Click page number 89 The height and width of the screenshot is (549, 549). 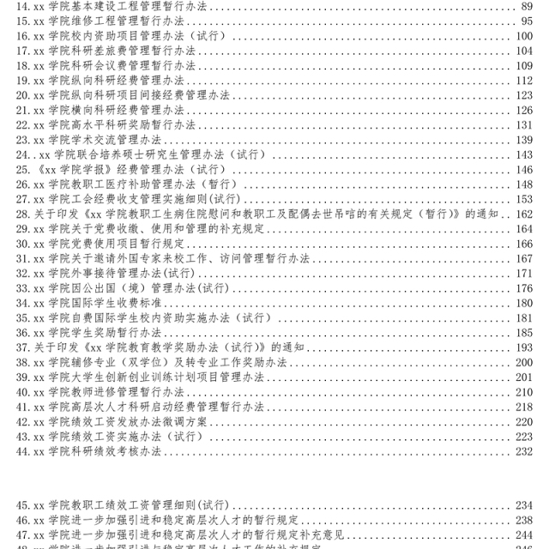point(527,6)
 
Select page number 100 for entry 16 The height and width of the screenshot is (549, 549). point(524,36)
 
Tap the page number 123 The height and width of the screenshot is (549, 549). point(524,95)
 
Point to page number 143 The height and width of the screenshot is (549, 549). point(524,154)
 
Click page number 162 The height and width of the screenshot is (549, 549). point(524,214)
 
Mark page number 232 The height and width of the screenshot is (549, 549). point(524,451)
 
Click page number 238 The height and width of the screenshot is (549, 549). point(524,520)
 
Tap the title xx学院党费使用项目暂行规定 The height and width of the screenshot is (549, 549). point(103,244)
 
